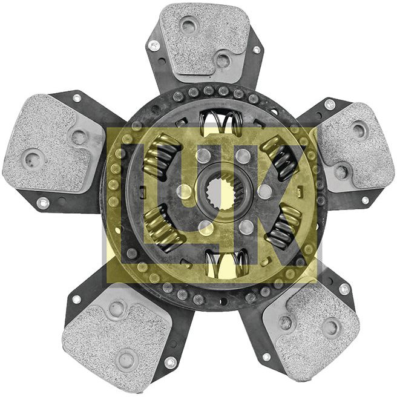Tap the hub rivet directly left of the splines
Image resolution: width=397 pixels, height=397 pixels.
coord(183,192)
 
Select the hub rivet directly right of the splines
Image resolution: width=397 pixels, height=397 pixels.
coord(264,192)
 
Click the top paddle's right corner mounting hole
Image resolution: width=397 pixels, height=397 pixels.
coord(256,49)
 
